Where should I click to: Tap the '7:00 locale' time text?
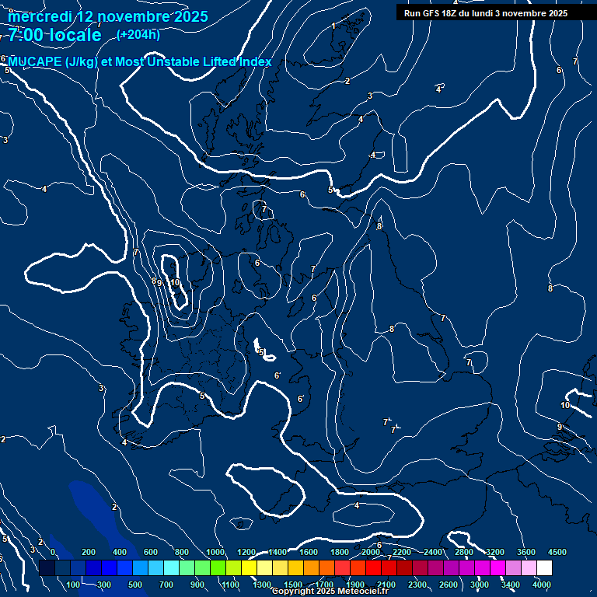[54, 35]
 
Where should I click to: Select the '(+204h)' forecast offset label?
[138, 34]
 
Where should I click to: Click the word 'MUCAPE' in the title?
[35, 62]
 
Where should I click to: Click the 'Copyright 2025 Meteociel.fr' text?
[330, 592]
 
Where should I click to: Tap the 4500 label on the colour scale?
[557, 552]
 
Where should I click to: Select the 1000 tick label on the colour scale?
[215, 552]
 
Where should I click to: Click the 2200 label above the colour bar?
[402, 552]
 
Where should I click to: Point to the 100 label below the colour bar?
[73, 584]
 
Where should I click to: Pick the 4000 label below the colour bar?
[542, 584]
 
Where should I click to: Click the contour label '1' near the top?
[333, 26]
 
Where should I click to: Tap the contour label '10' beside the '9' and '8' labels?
[175, 283]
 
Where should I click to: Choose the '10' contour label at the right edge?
[565, 405]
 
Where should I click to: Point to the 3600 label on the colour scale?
[526, 552]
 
